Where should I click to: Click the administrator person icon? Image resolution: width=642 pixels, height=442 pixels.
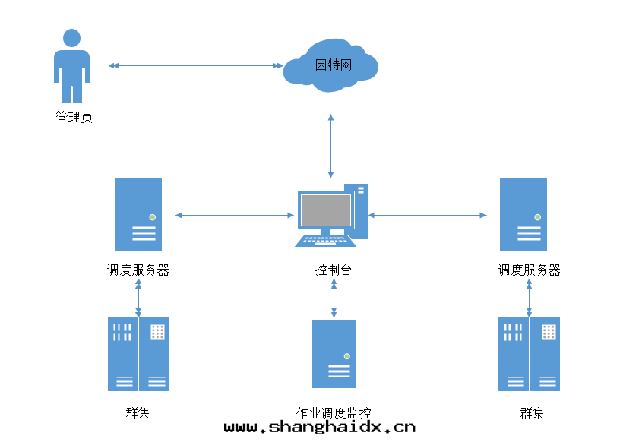click(x=71, y=66)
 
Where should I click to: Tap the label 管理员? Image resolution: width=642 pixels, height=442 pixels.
click(x=74, y=118)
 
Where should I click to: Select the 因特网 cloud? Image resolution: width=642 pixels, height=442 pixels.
click(x=331, y=65)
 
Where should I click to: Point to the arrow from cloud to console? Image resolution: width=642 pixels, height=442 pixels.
click(x=330, y=146)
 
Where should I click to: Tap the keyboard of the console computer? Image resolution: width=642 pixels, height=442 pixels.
click(x=325, y=240)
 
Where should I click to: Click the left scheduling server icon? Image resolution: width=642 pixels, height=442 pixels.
click(x=138, y=215)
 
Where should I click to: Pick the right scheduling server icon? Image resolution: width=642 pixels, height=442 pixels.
click(x=523, y=215)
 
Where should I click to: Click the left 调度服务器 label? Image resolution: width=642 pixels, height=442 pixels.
click(x=138, y=270)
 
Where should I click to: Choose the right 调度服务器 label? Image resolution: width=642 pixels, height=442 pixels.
click(x=530, y=270)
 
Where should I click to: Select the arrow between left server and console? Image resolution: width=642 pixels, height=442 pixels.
click(x=234, y=216)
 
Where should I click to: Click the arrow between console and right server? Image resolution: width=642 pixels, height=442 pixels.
click(x=427, y=216)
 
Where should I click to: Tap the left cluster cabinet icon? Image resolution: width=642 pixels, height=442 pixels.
click(x=138, y=354)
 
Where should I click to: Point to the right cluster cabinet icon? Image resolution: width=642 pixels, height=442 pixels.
click(x=529, y=354)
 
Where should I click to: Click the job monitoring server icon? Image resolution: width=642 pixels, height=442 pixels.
click(x=334, y=354)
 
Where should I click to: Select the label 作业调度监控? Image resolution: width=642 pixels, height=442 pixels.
click(x=334, y=413)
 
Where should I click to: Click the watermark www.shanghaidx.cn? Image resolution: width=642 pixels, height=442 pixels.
click(x=320, y=428)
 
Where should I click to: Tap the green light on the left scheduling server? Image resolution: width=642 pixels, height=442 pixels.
click(x=153, y=217)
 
